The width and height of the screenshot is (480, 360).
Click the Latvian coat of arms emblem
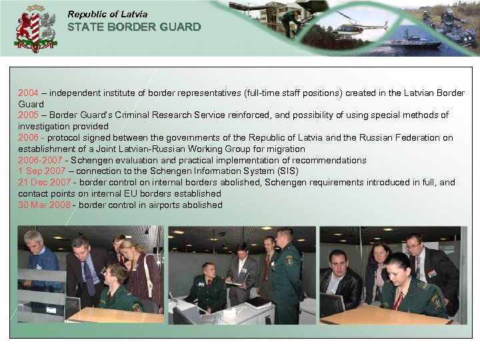click(35, 29)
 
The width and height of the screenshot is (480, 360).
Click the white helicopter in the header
click(361, 27)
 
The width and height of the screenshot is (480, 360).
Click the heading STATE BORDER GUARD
click(134, 27)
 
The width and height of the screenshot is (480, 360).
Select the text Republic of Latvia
click(107, 14)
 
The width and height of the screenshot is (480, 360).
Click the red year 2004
click(28, 93)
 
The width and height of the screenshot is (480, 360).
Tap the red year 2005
click(28, 115)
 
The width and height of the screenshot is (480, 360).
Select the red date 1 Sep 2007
click(41, 171)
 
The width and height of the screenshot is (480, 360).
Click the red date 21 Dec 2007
click(44, 183)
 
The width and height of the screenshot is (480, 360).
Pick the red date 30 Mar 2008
click(44, 205)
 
